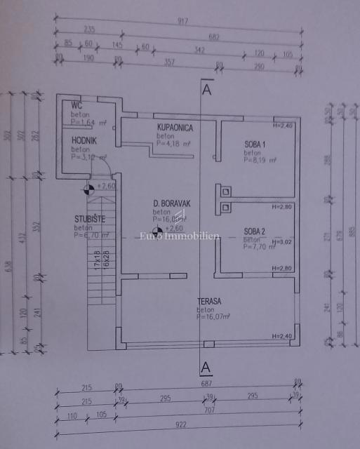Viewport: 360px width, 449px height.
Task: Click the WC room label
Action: click(x=76, y=106)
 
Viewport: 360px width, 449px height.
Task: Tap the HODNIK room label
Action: click(x=84, y=140)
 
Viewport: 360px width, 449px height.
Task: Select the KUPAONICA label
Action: click(x=175, y=128)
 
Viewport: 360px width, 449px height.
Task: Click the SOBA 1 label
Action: click(x=255, y=145)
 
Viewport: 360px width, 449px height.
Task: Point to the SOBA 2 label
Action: click(x=255, y=232)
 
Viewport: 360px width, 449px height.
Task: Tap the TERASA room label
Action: click(x=209, y=301)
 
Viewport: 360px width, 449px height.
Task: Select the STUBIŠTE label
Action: click(x=90, y=219)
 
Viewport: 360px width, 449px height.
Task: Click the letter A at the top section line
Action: click(x=206, y=90)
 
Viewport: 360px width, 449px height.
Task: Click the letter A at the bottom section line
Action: click(x=206, y=367)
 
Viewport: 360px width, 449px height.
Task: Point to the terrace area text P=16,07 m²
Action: click(x=213, y=316)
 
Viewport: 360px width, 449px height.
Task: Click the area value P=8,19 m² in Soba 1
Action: click(x=260, y=160)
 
